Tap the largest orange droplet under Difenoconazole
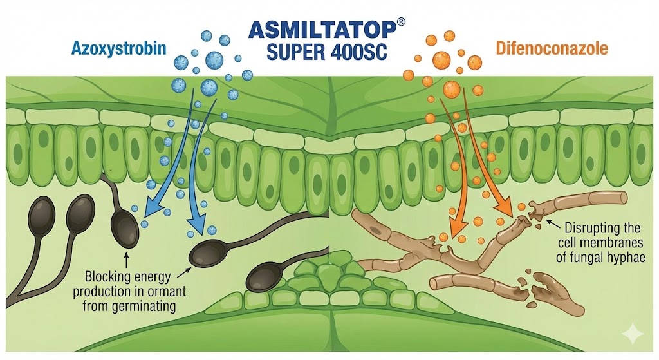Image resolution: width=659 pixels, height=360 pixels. tap(453, 88)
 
